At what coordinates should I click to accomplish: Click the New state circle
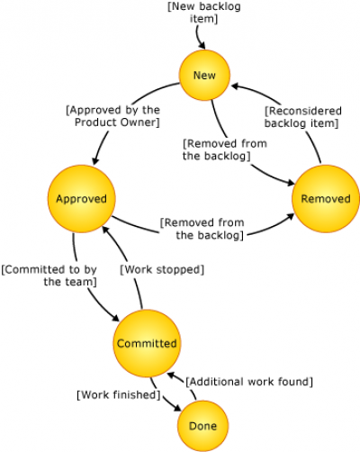[204, 75]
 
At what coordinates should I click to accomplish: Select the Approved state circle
[82, 199]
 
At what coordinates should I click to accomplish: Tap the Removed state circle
[326, 199]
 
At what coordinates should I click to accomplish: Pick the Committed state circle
[147, 343]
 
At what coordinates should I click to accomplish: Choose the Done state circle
[202, 426]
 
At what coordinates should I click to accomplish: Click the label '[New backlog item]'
[204, 13]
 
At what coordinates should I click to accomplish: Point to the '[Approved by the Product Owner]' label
[113, 116]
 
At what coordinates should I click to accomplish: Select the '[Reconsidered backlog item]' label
[302, 117]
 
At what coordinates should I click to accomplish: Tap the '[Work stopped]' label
[162, 269]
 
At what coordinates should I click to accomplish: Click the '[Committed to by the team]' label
[49, 276]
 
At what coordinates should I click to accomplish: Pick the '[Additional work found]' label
[249, 382]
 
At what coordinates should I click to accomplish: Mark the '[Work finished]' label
[119, 394]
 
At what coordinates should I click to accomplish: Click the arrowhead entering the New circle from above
[202, 45]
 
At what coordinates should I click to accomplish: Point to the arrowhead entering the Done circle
[177, 407]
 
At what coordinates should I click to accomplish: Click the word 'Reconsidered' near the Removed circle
[305, 111]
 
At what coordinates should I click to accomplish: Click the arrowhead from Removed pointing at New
[236, 86]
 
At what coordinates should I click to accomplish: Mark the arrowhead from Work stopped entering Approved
[105, 230]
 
